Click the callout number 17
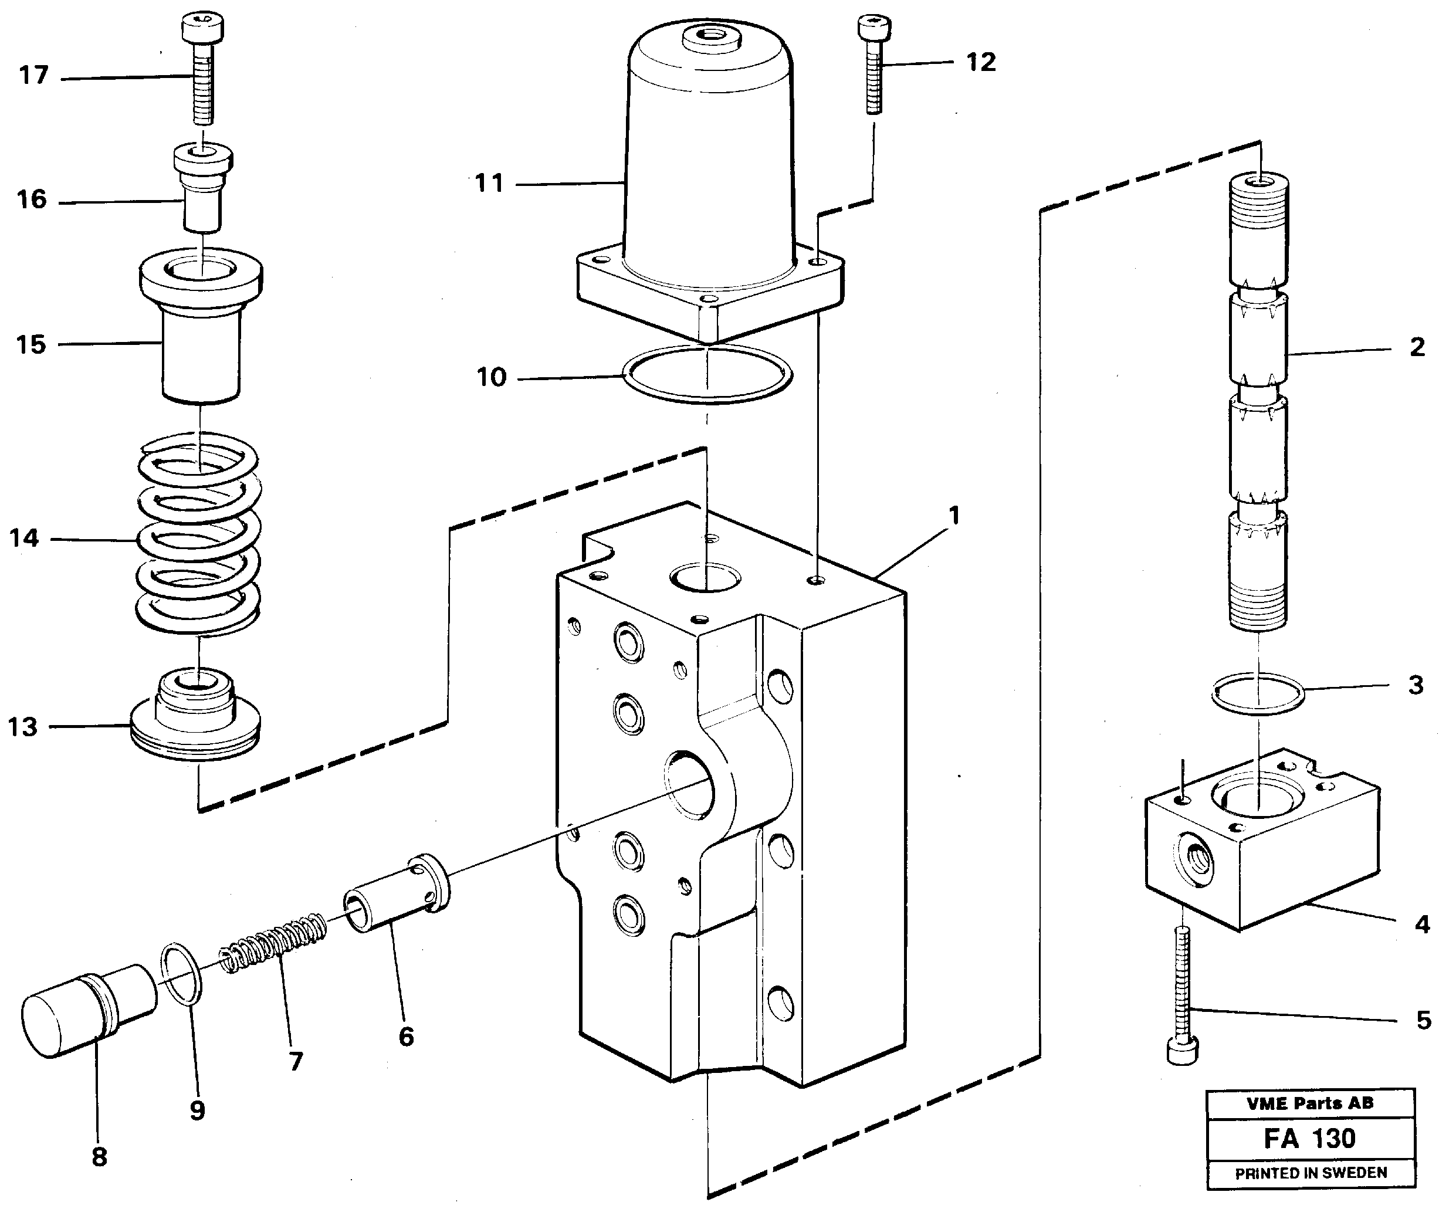coord(33,75)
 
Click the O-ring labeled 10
coord(707,374)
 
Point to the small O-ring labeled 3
coord(1258,693)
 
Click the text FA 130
coord(1310,1139)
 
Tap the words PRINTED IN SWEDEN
coord(1311,1173)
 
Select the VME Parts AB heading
coord(1310,1103)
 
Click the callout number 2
coord(1417,347)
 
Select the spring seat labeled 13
coord(195,719)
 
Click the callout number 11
coord(489,184)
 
